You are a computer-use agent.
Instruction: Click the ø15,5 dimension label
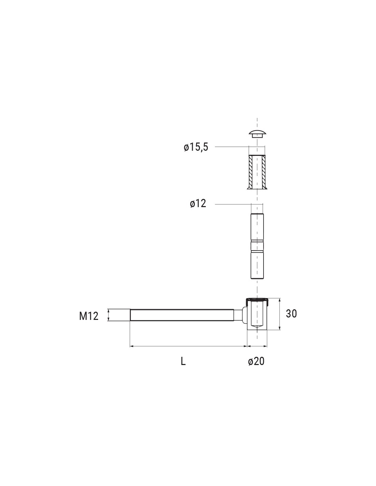click(x=196, y=148)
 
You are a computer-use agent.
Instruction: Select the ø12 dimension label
click(x=198, y=203)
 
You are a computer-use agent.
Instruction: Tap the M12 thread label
click(x=89, y=316)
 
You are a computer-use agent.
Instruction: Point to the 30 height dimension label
click(x=291, y=314)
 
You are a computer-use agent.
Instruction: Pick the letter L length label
click(x=183, y=361)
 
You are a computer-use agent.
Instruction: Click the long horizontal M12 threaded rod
click(x=182, y=315)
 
